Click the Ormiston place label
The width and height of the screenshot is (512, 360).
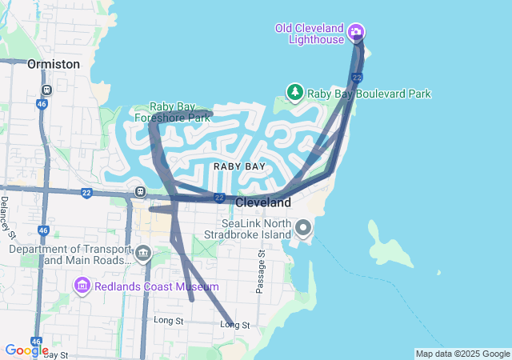[x=54, y=63]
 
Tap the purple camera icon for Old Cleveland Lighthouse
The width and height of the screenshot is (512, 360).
[x=356, y=33]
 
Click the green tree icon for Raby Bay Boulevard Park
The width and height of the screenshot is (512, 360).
[x=294, y=93]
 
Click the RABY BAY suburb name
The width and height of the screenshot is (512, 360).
[x=238, y=166]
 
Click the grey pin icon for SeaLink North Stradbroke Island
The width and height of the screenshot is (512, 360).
[x=303, y=229]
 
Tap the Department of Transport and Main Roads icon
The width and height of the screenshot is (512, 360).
[x=143, y=254]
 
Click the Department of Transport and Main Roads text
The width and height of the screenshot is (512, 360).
[x=70, y=254]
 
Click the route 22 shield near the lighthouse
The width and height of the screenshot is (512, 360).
[x=358, y=78]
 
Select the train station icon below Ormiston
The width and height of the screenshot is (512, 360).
[x=47, y=90]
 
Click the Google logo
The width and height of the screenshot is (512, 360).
[x=26, y=350]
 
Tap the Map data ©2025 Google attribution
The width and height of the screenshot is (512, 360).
[x=462, y=354]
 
